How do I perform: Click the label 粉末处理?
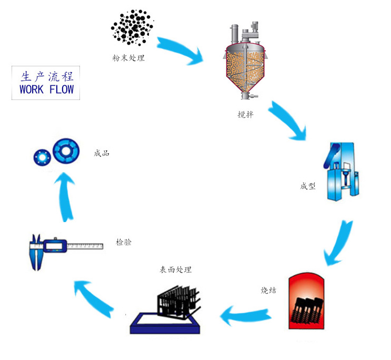click(128, 58)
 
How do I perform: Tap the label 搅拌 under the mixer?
click(245, 114)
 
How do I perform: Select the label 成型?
click(308, 186)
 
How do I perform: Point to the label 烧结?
click(268, 290)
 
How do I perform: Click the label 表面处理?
click(176, 270)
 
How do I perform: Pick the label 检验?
click(124, 243)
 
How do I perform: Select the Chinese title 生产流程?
click(46, 75)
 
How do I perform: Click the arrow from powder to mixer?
click(179, 49)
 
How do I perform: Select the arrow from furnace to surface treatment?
click(247, 315)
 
